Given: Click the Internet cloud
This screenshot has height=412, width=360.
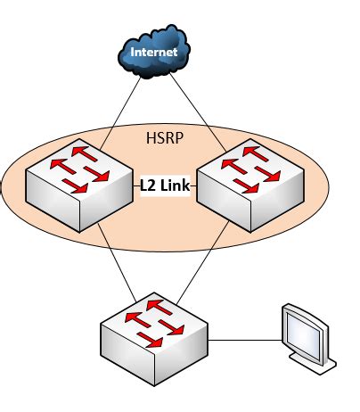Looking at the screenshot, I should point(154,54).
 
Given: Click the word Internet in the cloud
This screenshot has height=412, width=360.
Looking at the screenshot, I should point(154,53).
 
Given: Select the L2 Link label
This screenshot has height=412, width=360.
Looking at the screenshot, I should point(164,185).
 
